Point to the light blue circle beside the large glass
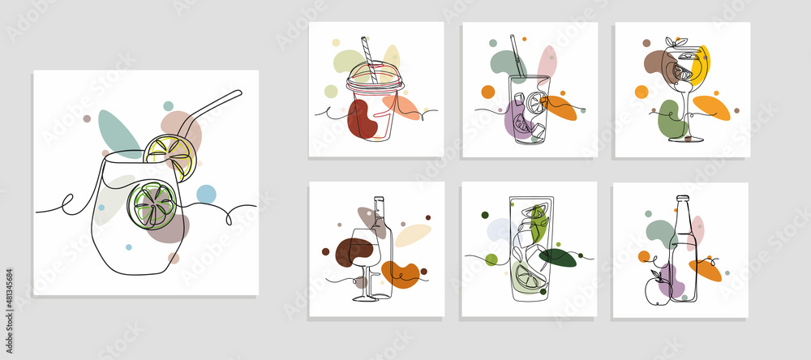206,194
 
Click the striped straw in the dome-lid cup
369,57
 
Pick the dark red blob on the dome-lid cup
361,118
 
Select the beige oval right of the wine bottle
413,235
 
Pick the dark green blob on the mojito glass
557,258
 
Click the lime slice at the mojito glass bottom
528,276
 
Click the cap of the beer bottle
682,198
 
